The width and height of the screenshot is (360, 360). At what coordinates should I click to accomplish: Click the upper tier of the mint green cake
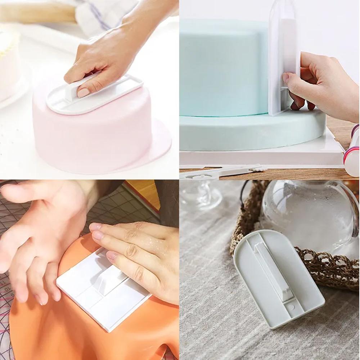(x=223, y=72)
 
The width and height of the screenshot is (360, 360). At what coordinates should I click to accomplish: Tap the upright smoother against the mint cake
(x=283, y=61)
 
